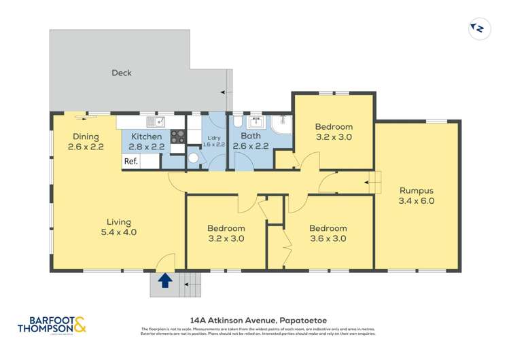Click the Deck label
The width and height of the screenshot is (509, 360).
(122, 73)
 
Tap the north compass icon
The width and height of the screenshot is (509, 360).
(479, 29)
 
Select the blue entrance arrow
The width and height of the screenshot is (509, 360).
(164, 281)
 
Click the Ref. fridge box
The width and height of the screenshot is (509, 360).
(130, 162)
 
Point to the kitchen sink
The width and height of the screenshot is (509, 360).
(157, 122)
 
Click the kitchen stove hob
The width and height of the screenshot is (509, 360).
(177, 136)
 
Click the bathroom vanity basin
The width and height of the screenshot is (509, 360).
(256, 123)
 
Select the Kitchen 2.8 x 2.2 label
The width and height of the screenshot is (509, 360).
(146, 141)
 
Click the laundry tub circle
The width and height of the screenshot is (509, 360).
(192, 158)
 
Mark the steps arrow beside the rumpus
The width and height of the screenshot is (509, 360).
(371, 181)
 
